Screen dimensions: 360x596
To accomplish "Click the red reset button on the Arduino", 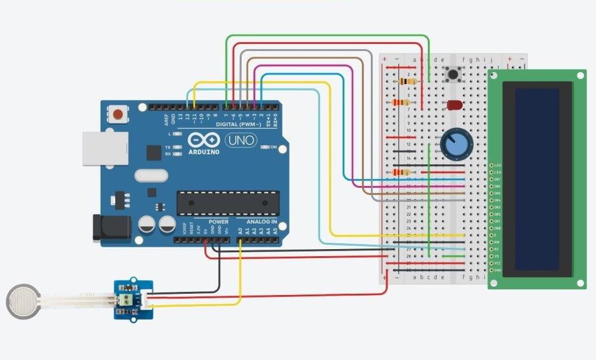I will (x=118, y=115).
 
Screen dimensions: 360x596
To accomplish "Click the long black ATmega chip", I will (x=228, y=202).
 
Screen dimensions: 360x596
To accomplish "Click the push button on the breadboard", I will (x=454, y=75).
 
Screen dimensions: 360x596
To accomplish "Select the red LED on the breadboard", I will (x=454, y=104).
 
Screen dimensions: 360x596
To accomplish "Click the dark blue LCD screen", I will (x=537, y=178).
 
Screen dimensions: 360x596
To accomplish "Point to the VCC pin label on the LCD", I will (x=497, y=263).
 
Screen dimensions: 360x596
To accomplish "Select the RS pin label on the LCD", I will (x=497, y=249).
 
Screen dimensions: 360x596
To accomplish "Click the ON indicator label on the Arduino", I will (x=273, y=148).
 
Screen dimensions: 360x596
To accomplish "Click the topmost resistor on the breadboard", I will (x=406, y=82).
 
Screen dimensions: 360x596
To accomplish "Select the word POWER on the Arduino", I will (x=219, y=222).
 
